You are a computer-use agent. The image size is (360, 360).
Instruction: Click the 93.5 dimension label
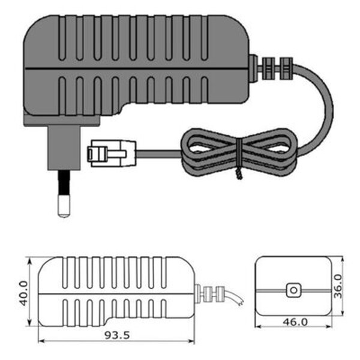pos(117,335)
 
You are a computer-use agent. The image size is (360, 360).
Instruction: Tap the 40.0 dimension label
pos(23,293)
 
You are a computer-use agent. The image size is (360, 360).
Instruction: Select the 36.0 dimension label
pos(337,286)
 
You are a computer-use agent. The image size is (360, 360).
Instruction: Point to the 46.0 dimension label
pos(295,322)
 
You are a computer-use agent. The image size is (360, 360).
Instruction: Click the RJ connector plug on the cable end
pos(112,153)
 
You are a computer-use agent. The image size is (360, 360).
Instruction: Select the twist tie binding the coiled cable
pos(239,158)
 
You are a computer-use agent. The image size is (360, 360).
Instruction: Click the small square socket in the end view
pos(293,290)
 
